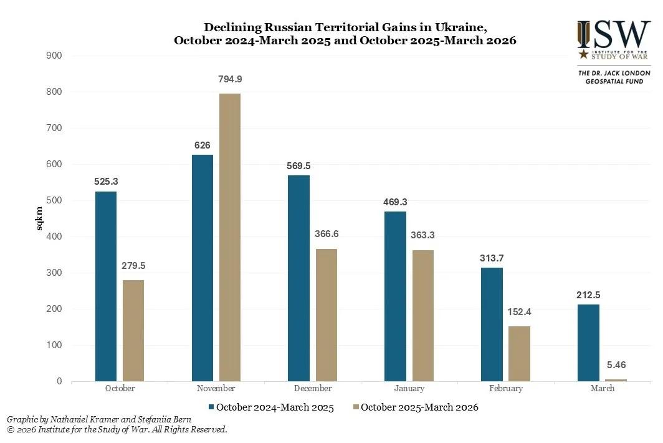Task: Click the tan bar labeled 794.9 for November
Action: (230, 237)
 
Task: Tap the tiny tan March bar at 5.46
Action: (616, 379)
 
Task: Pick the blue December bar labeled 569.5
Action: (299, 278)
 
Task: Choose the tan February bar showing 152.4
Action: (520, 353)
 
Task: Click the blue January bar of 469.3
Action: (395, 296)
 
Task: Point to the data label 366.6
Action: (327, 234)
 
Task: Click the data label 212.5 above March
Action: (588, 295)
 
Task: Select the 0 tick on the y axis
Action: (59, 381)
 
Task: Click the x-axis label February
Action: (505, 388)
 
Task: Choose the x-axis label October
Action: (120, 388)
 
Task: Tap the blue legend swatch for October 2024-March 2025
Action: (212, 407)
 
